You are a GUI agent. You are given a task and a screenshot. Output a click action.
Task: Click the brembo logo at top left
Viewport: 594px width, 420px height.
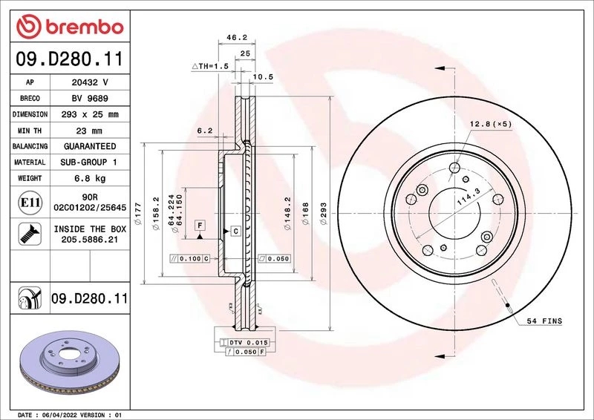(x=70, y=27)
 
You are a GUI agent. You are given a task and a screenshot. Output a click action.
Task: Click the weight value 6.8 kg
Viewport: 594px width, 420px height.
(x=90, y=178)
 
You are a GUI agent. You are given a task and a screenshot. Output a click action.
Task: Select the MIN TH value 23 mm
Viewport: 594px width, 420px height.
(x=89, y=131)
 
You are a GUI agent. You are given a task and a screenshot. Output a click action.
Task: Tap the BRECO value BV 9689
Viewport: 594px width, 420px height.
(x=90, y=98)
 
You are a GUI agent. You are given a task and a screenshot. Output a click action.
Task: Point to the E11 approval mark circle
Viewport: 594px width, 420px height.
(x=30, y=203)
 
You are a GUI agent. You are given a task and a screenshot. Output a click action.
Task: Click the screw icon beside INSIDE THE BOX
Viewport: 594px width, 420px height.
(x=30, y=234)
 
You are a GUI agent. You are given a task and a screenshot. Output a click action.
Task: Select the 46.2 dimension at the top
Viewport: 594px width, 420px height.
(x=237, y=37)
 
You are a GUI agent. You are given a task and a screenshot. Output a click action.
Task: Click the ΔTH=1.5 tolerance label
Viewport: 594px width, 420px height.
(x=210, y=66)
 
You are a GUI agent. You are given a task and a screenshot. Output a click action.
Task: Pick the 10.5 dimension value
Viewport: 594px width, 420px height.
(x=263, y=77)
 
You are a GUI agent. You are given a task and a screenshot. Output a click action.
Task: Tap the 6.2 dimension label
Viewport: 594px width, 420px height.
(x=205, y=131)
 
